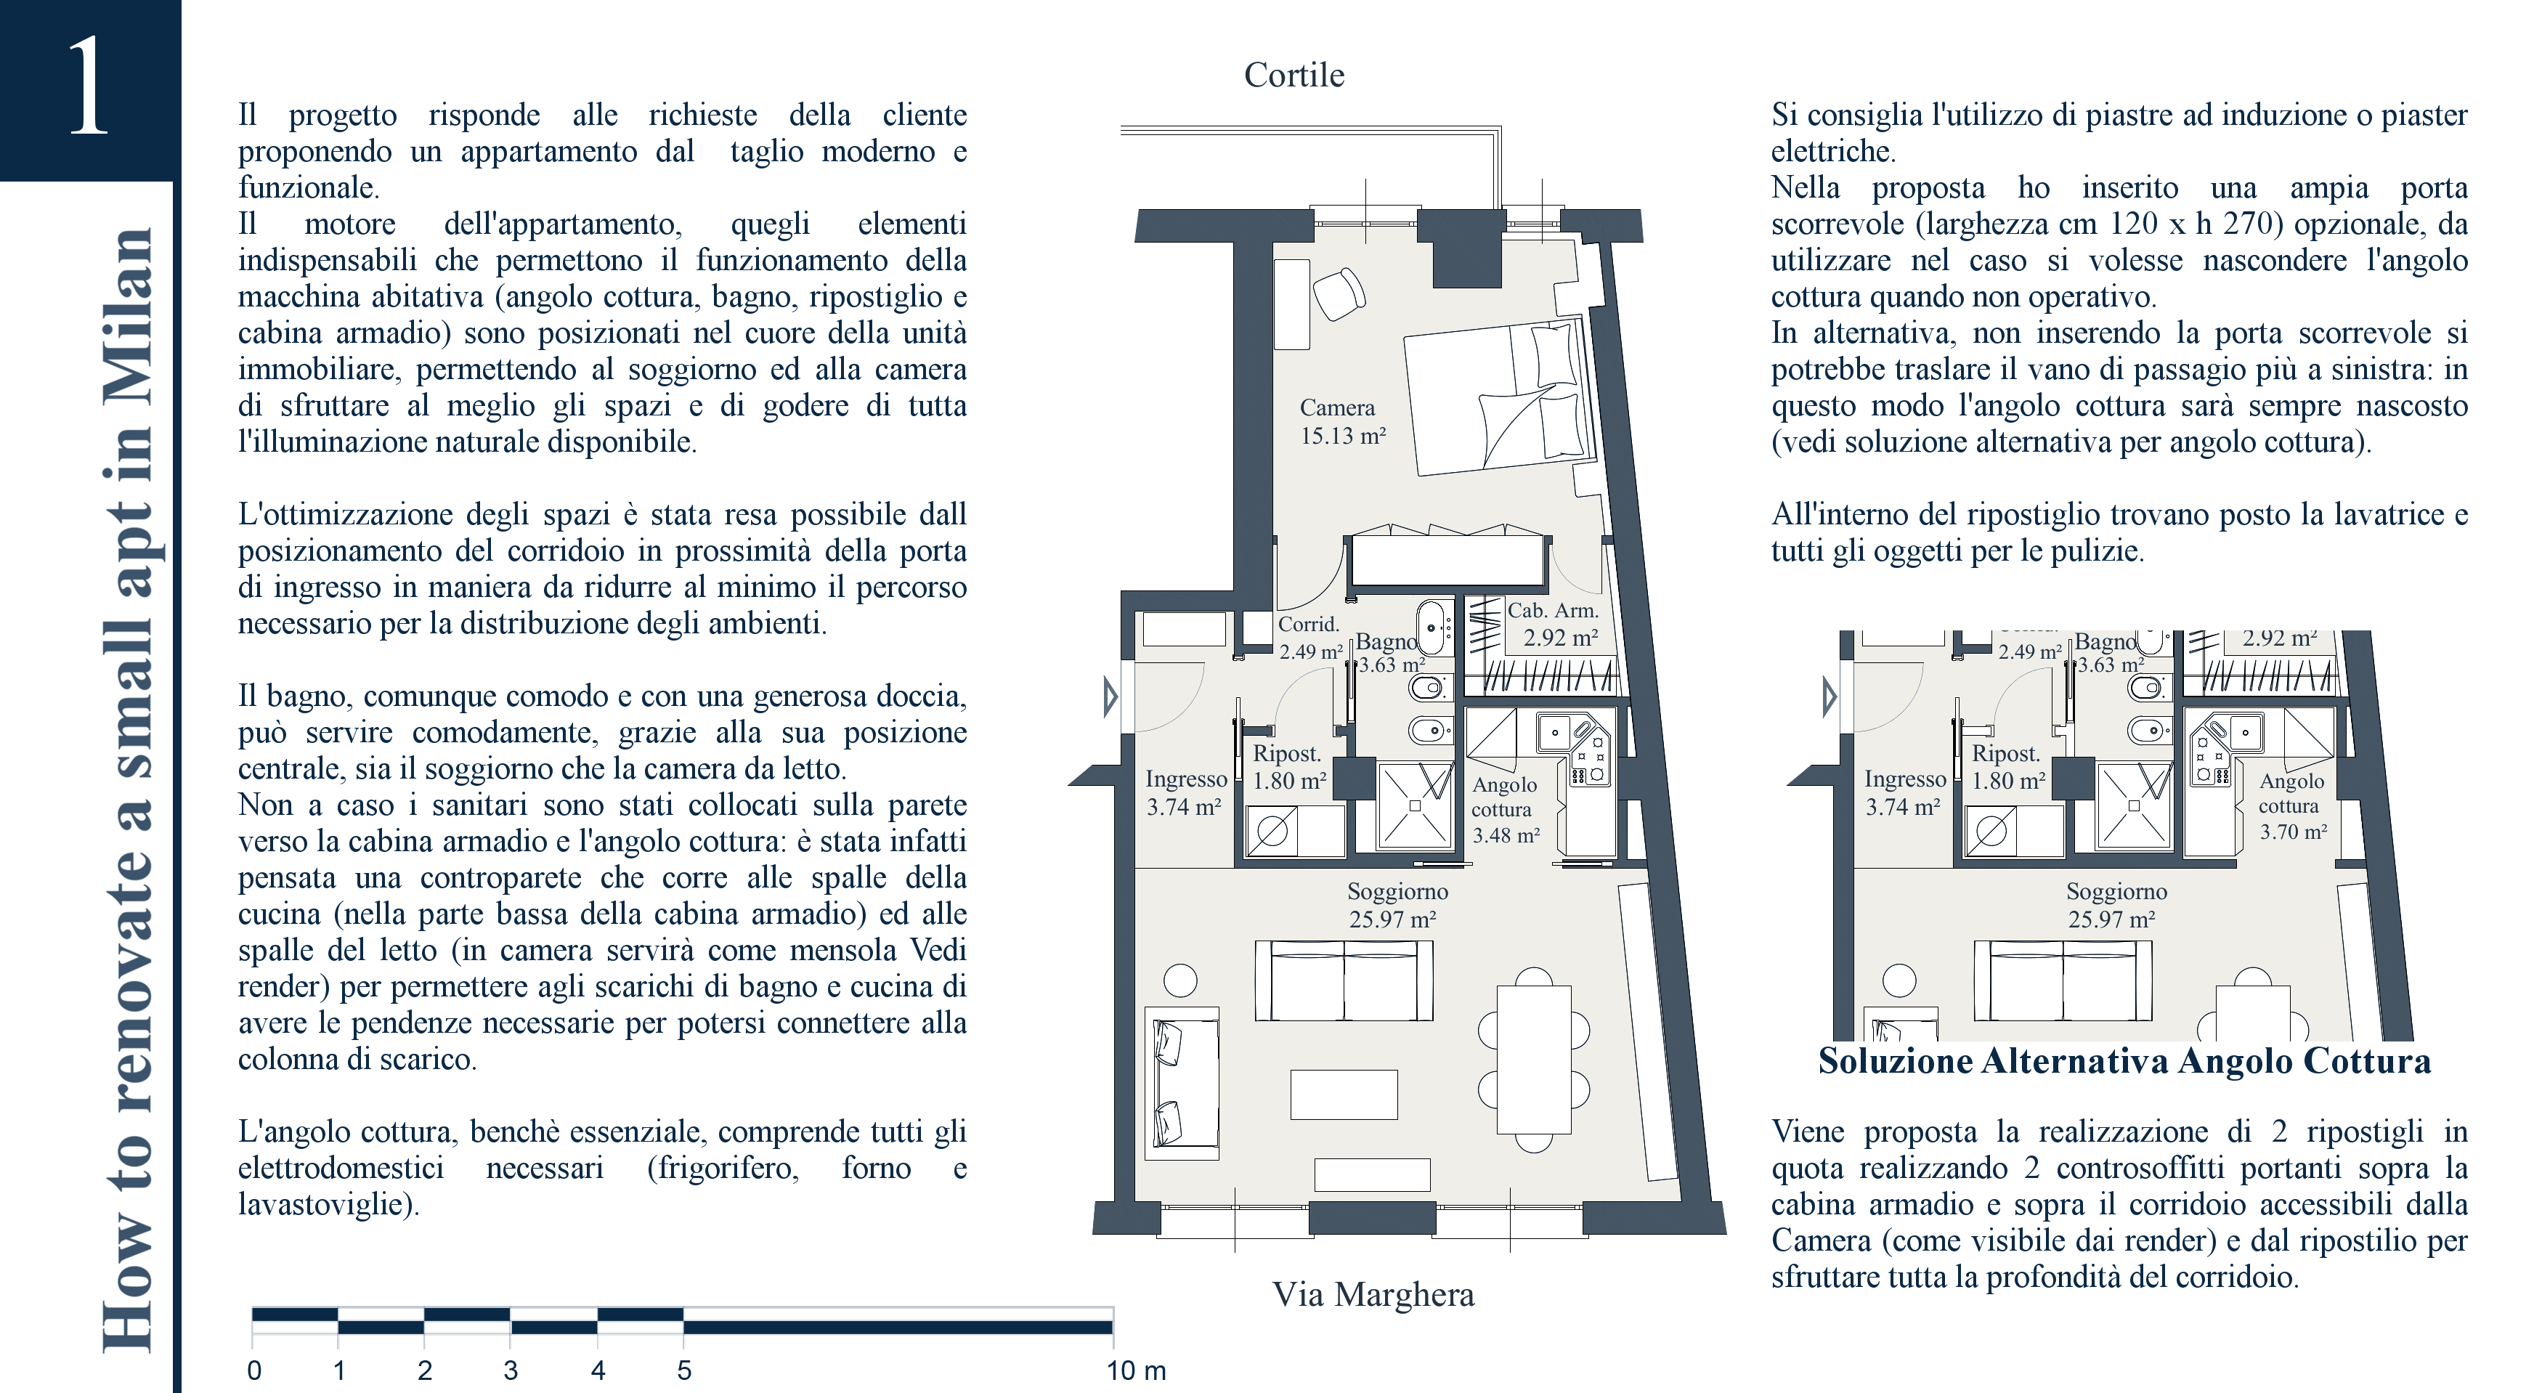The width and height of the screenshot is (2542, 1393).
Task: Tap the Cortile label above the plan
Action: point(1294,75)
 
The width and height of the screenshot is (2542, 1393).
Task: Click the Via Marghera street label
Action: point(1373,1294)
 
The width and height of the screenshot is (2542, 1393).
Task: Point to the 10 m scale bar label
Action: point(1136,1370)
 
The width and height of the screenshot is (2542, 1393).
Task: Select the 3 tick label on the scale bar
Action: point(510,1370)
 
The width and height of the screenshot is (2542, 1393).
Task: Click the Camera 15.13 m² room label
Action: point(1342,421)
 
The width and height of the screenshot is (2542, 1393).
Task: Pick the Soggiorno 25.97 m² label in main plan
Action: point(1397,906)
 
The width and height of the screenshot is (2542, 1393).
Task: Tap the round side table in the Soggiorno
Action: point(1180,980)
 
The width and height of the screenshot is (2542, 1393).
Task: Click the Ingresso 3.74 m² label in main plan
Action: point(1185,793)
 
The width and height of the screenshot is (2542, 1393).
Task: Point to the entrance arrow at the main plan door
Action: point(1110,696)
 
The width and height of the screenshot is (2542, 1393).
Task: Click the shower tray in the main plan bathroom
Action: point(1415,805)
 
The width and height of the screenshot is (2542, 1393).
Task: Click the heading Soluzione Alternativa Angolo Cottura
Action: point(2124,1062)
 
